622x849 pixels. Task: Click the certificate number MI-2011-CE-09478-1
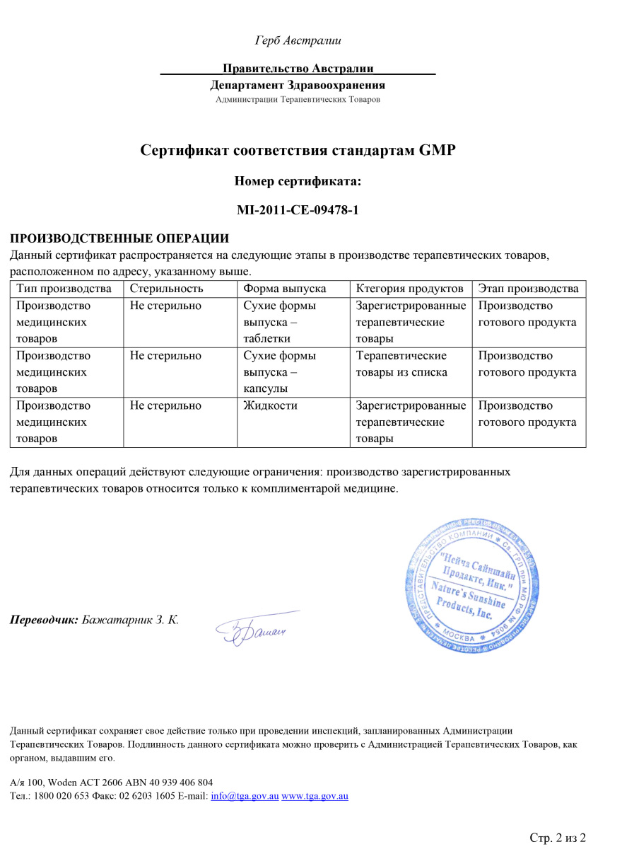coord(298,209)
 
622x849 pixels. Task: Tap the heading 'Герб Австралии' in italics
coord(298,40)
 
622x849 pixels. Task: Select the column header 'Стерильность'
coord(166,289)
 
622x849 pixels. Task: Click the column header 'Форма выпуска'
coord(284,289)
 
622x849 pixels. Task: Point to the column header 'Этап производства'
coord(528,289)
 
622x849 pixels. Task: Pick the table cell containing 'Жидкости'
coord(270,406)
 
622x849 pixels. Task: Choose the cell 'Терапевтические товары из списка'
coord(401,364)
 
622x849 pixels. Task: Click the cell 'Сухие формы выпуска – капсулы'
coord(279,372)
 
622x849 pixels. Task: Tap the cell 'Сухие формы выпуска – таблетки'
coord(279,323)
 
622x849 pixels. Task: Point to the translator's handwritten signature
coord(254,627)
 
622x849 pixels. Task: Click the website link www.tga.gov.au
coord(315,796)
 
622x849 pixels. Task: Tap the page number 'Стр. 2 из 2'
coord(558,838)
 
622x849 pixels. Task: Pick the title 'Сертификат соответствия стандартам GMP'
coord(298,150)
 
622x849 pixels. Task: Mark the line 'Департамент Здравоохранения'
coord(298,86)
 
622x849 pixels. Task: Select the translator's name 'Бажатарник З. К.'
coord(131,620)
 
